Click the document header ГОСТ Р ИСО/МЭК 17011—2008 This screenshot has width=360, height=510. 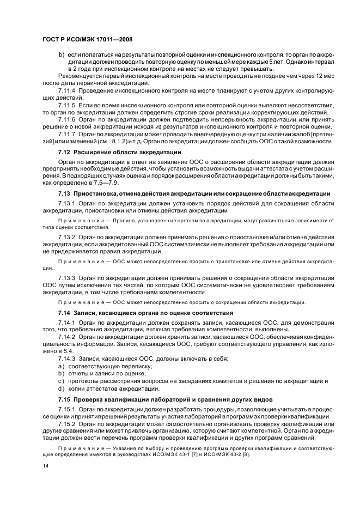[x=87, y=39]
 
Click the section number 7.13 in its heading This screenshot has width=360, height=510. [x=64, y=193]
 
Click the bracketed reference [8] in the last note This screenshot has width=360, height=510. [x=246, y=454]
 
